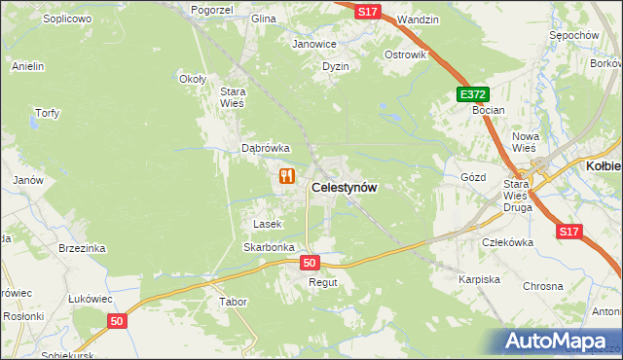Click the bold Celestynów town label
(344, 187)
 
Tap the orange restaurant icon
(286, 176)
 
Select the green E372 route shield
(472, 93)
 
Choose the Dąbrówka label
(266, 148)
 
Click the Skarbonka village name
(269, 247)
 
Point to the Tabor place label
(234, 302)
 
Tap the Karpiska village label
(479, 279)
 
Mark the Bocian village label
(488, 110)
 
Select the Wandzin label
(419, 19)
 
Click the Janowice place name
(314, 44)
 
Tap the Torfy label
(47, 113)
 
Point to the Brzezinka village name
(82, 248)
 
